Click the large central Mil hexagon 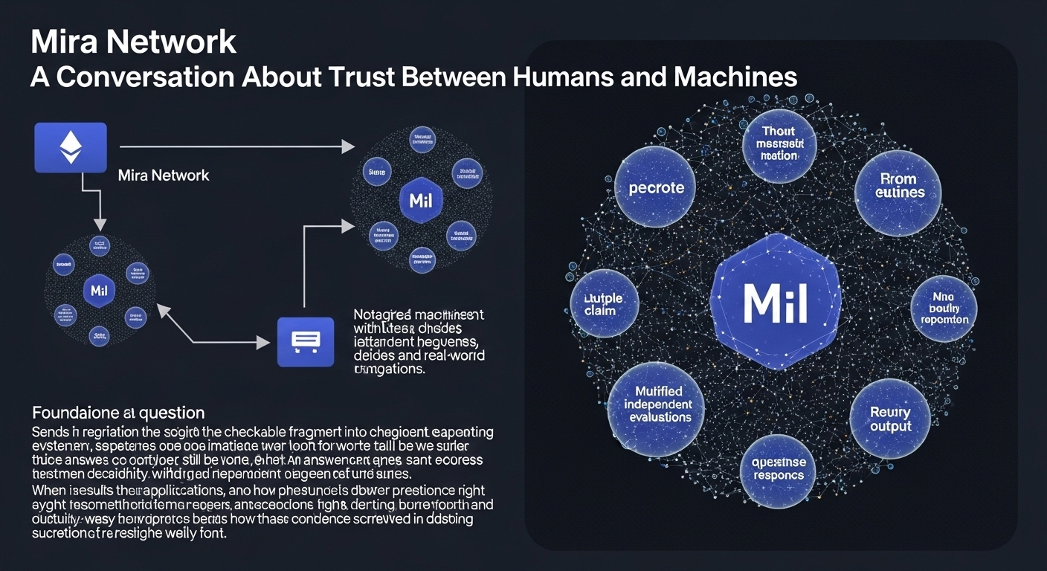pos(776,302)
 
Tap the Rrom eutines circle pos(898,185)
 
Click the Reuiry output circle pos(890,419)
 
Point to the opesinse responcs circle pos(778,468)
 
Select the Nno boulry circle pos(944,308)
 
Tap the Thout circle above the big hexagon pos(779,143)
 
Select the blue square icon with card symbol pos(306,341)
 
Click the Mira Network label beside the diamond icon pos(164,175)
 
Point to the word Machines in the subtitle pos(736,77)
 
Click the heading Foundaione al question pos(118,412)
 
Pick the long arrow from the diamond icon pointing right pos(236,146)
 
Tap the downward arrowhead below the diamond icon pos(100,223)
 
